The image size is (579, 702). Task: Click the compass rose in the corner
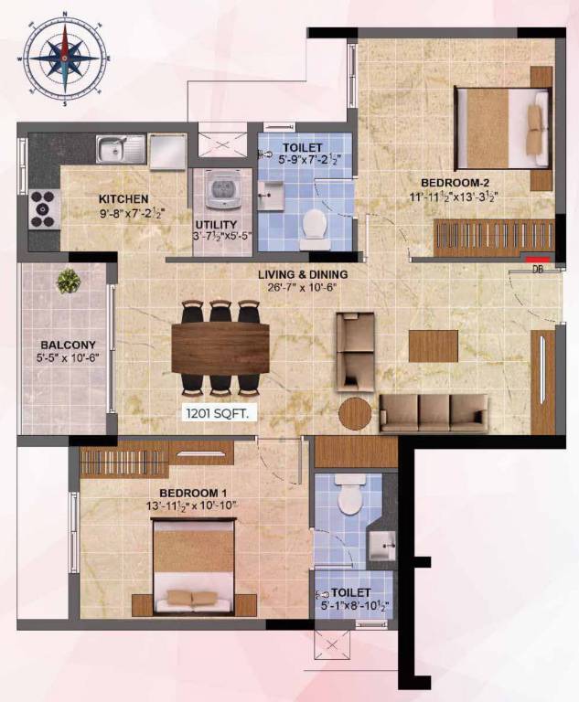tap(65, 58)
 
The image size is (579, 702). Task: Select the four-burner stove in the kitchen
tap(45, 209)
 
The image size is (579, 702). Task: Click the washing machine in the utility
tap(222, 189)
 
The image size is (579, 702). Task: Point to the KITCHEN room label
tap(123, 198)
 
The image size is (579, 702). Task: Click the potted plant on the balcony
tap(69, 282)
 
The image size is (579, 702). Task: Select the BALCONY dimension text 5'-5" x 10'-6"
tap(67, 357)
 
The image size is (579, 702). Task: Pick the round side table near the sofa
tap(355, 414)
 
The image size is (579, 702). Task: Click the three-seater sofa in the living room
tap(434, 413)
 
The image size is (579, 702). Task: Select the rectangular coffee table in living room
tap(434, 346)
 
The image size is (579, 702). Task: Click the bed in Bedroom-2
tap(501, 128)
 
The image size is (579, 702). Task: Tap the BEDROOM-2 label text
tap(455, 183)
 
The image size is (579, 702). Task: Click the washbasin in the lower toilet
tap(381, 546)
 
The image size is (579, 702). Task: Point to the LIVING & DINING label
tap(303, 274)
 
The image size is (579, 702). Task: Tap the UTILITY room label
tap(216, 224)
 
